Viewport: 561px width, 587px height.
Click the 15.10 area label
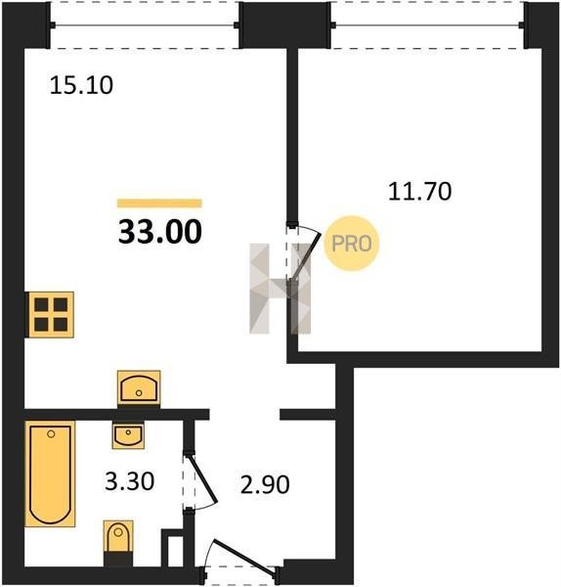[x=81, y=85]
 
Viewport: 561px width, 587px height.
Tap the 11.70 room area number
[x=419, y=192]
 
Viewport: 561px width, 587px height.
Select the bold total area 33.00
[x=160, y=232]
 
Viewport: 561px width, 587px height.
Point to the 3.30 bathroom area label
[x=129, y=481]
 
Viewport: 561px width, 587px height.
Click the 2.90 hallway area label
[x=265, y=484]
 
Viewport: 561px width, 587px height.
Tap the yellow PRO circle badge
[x=352, y=244]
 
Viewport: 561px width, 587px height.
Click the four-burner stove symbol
[x=50, y=315]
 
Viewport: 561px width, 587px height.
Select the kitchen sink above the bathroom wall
[x=139, y=388]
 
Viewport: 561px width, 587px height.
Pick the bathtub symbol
[x=50, y=474]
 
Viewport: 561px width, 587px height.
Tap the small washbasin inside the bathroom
[x=128, y=435]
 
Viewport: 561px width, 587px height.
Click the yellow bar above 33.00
[x=159, y=203]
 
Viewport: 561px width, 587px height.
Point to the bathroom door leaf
[x=202, y=478]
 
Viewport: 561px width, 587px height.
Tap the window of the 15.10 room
[x=145, y=25]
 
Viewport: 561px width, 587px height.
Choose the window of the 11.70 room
[x=427, y=25]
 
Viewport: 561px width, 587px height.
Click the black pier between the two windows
[x=285, y=24]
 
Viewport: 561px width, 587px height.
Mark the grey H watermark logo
[x=280, y=289]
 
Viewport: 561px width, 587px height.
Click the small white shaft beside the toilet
[x=175, y=552]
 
